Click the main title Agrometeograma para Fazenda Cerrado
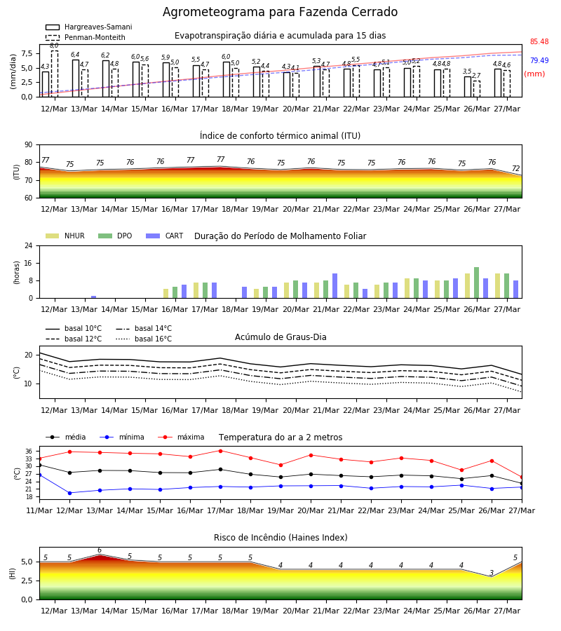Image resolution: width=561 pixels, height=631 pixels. (x=280, y=12)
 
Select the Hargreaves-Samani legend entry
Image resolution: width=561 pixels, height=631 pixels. (x=88, y=27)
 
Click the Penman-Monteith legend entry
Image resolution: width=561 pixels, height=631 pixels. (x=86, y=37)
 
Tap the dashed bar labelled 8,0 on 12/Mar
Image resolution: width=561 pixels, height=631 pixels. (x=54, y=74)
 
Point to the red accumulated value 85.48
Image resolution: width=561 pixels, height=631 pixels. (x=539, y=41)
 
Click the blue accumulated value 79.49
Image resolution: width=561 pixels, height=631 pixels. (x=539, y=60)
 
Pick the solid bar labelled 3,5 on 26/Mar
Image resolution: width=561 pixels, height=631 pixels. (x=467, y=87)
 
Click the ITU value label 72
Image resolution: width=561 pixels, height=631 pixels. (x=516, y=168)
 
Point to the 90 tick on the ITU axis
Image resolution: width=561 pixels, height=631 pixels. (x=28, y=145)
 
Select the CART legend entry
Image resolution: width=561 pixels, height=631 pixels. (x=165, y=236)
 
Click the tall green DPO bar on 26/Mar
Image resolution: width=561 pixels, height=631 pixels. (x=476, y=283)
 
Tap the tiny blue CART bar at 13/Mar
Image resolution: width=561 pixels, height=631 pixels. (x=94, y=297)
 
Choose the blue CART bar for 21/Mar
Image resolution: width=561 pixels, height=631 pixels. (x=334, y=286)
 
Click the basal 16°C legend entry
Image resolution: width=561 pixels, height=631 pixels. (x=144, y=339)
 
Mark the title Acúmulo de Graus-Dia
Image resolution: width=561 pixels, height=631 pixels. (x=280, y=337)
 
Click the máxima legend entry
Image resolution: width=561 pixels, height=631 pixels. (x=181, y=437)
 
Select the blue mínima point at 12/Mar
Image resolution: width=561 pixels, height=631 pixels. (x=69, y=493)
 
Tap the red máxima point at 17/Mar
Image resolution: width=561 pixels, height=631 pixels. (x=220, y=451)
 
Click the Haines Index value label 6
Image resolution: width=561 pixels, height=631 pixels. (x=100, y=550)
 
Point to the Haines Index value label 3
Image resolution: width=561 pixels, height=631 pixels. (x=492, y=573)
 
